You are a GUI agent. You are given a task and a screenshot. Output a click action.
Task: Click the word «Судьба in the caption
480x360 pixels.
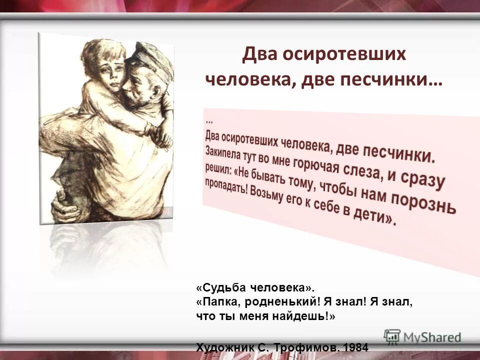pos(220,288)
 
